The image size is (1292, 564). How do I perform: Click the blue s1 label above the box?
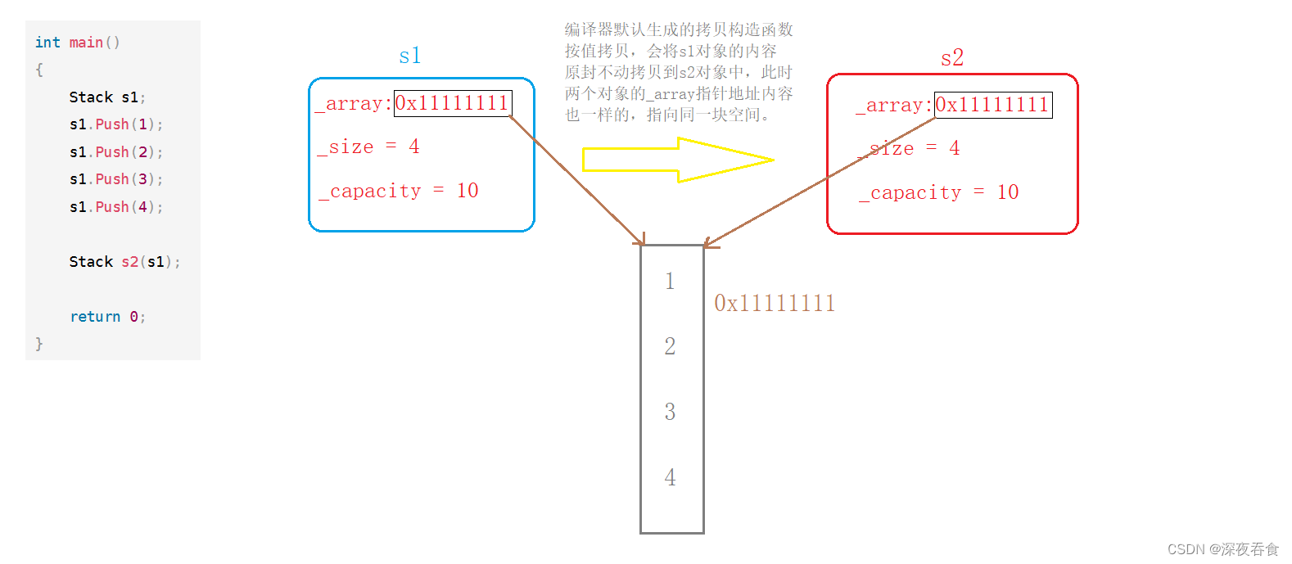(x=409, y=56)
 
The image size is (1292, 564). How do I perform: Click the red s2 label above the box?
(x=951, y=57)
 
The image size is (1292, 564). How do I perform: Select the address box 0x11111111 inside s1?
(x=452, y=103)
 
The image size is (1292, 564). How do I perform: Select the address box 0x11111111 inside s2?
(x=992, y=105)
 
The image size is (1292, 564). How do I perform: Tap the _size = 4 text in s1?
(x=368, y=147)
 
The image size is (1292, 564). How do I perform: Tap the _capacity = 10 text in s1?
(x=398, y=191)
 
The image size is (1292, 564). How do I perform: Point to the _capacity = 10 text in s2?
(x=938, y=192)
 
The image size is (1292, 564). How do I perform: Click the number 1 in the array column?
(x=670, y=282)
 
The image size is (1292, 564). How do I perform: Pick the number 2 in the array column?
(x=670, y=346)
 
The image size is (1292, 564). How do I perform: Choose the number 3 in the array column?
(x=670, y=412)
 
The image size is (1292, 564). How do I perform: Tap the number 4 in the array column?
(x=670, y=477)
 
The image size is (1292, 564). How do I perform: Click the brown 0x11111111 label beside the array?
(x=775, y=304)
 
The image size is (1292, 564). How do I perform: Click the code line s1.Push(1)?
(x=115, y=124)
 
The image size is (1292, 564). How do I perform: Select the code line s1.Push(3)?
(x=115, y=179)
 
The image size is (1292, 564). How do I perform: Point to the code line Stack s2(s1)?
(x=124, y=262)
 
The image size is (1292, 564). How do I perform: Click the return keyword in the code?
(x=95, y=317)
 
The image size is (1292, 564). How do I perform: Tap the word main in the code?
(x=86, y=43)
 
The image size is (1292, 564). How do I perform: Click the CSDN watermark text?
(x=1222, y=549)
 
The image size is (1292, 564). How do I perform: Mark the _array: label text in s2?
(x=894, y=106)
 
